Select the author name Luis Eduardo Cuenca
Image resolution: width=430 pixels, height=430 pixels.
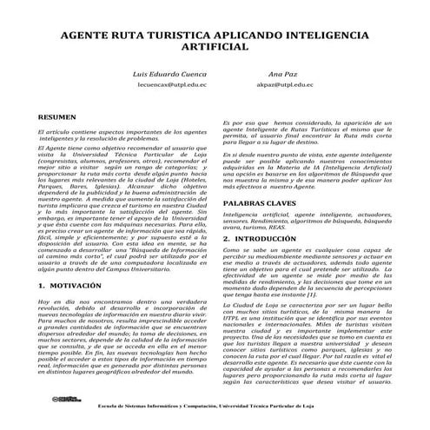(x=171, y=75)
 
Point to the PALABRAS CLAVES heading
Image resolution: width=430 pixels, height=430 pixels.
(x=258, y=201)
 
